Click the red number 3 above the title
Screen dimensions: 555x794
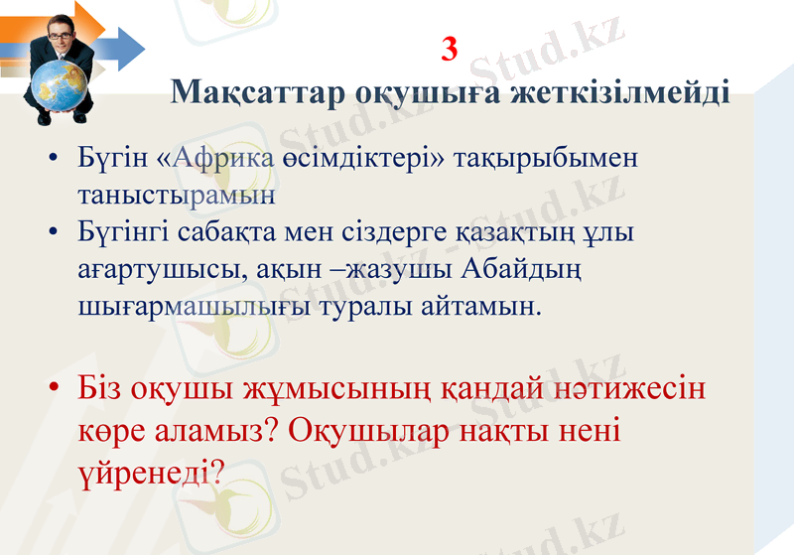click(449, 49)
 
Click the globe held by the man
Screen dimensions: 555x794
click(55, 84)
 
